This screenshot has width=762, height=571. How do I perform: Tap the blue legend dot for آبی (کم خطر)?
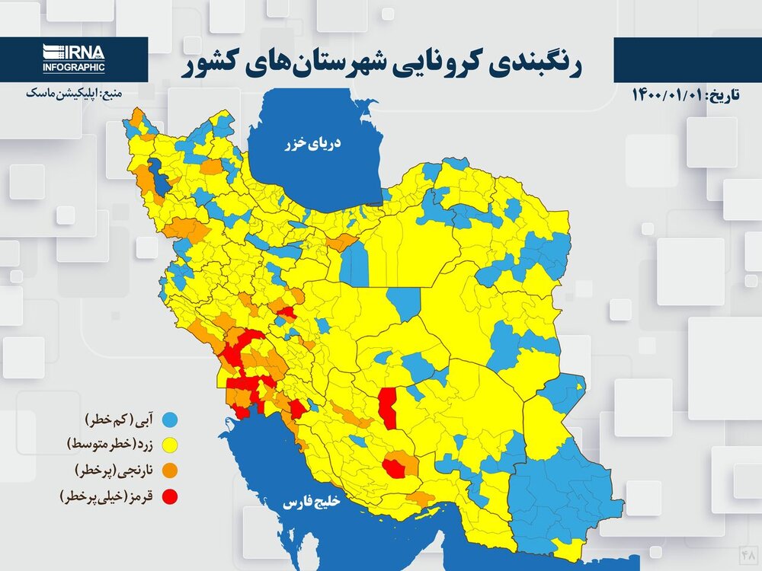[x=173, y=419]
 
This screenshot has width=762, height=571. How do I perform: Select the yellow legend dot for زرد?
[x=173, y=444]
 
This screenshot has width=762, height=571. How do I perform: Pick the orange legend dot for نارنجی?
[x=173, y=470]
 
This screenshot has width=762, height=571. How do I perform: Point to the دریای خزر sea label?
[x=312, y=142]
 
